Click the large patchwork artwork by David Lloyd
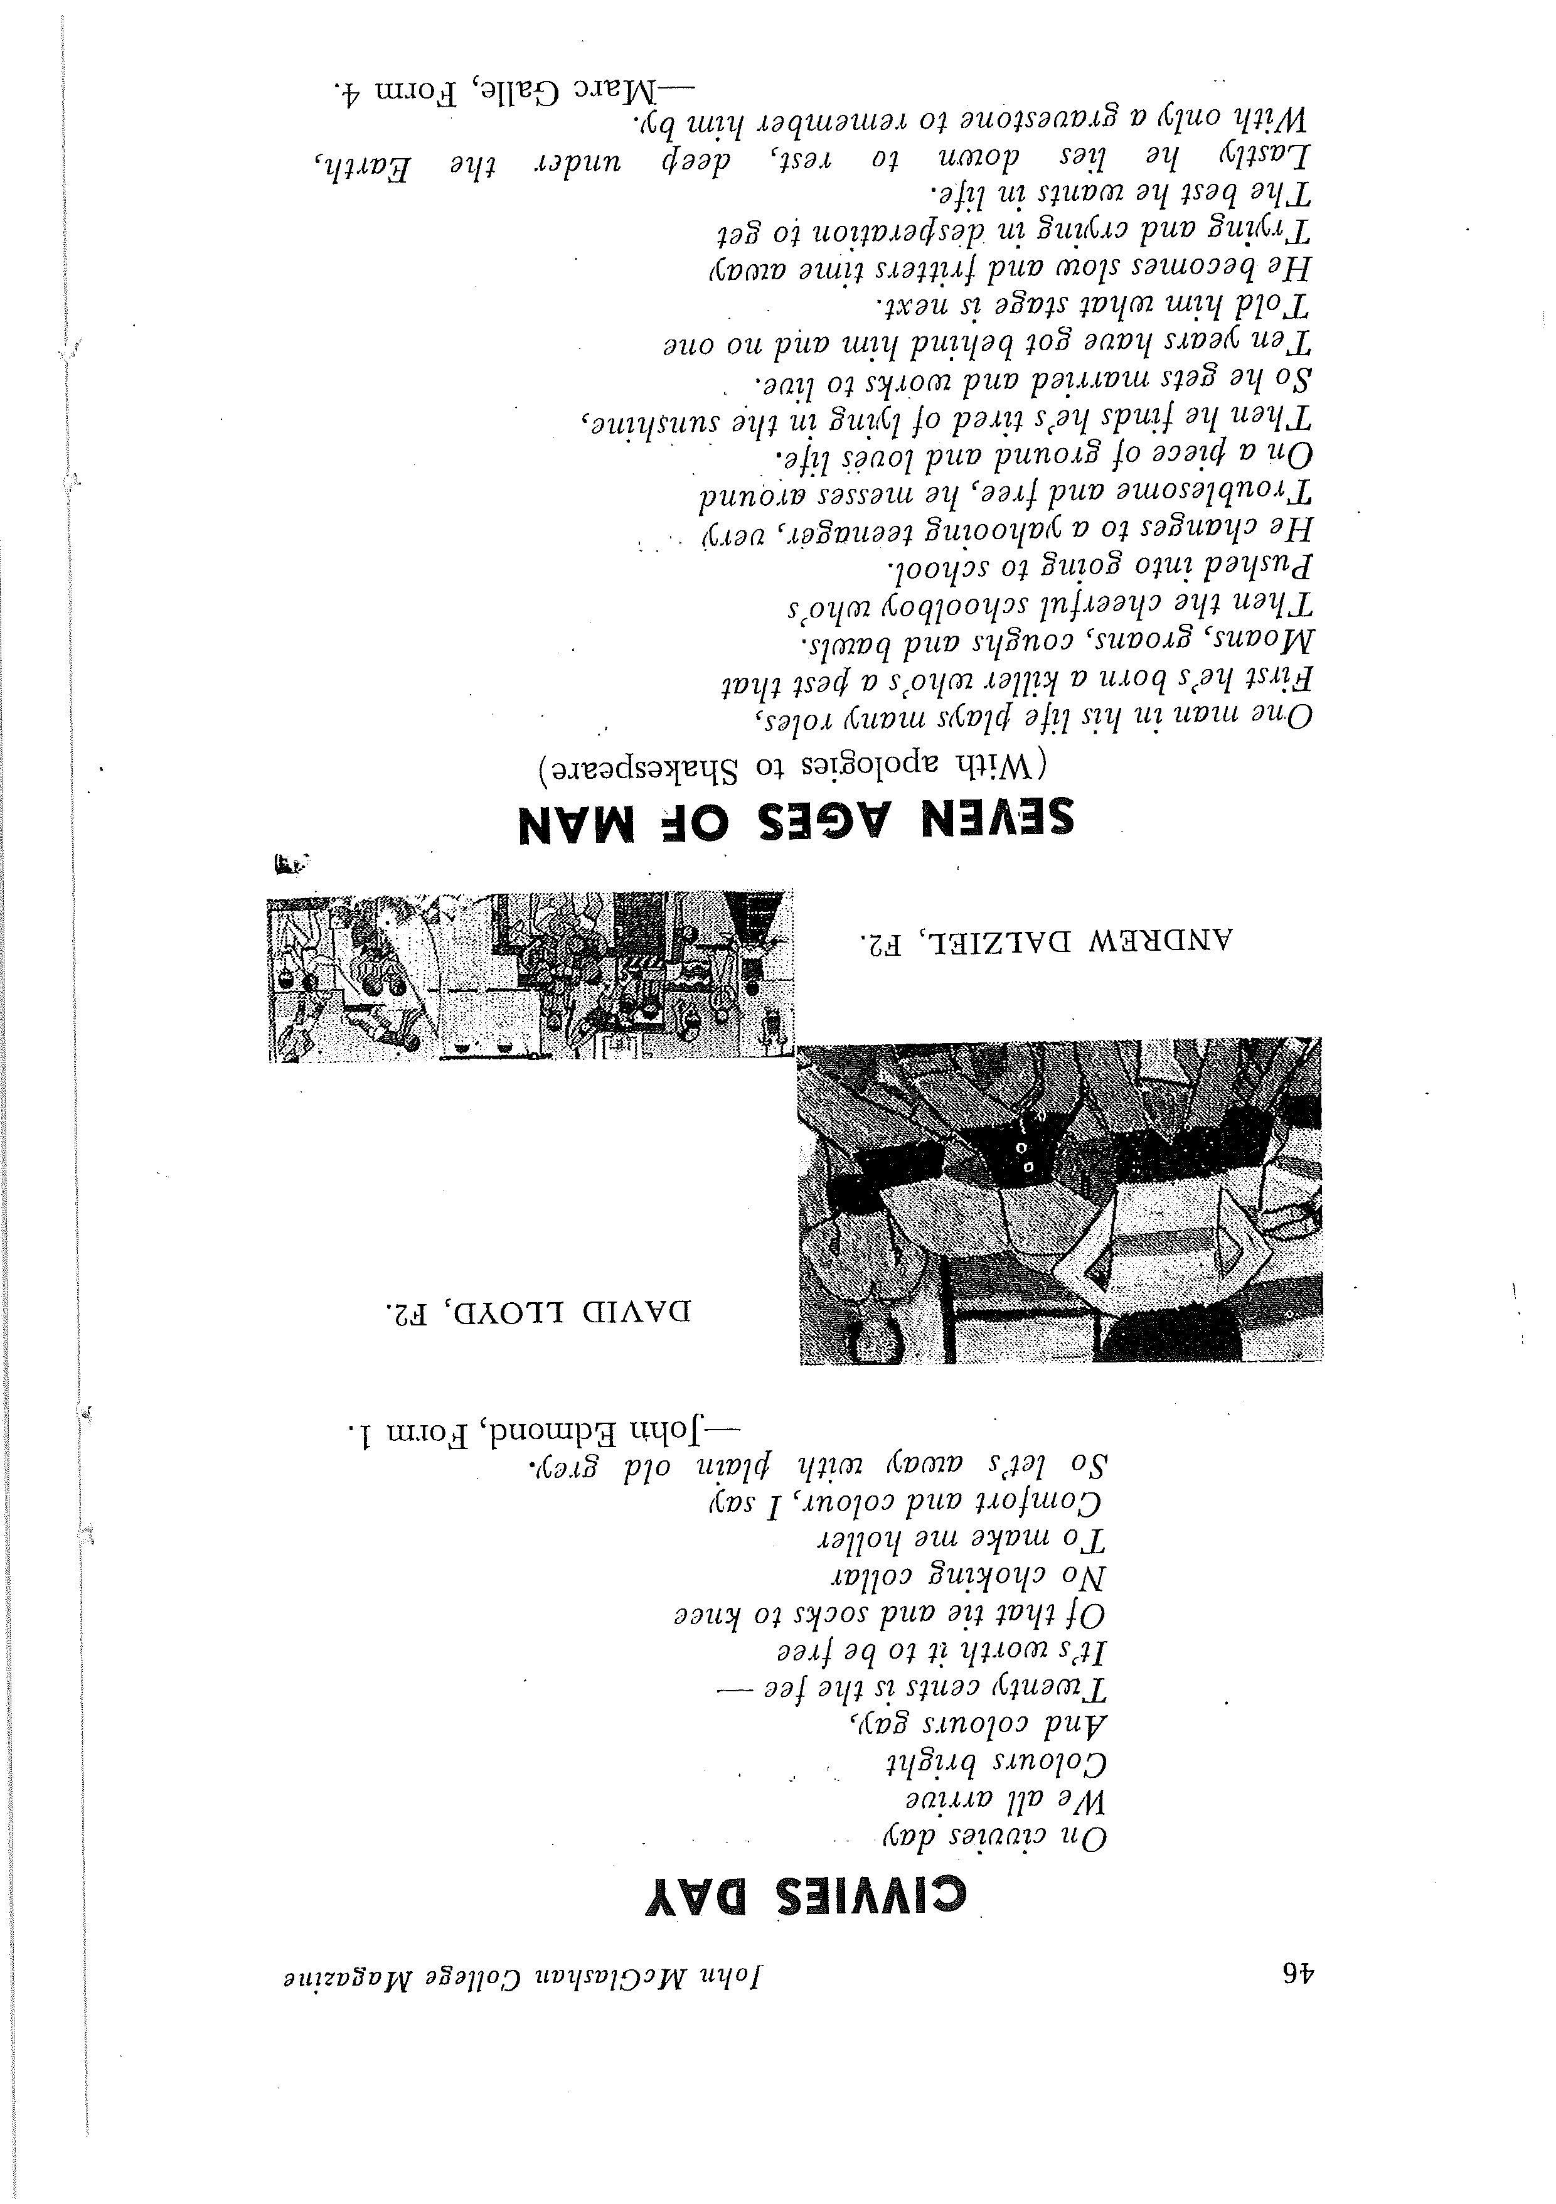[1059, 1200]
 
